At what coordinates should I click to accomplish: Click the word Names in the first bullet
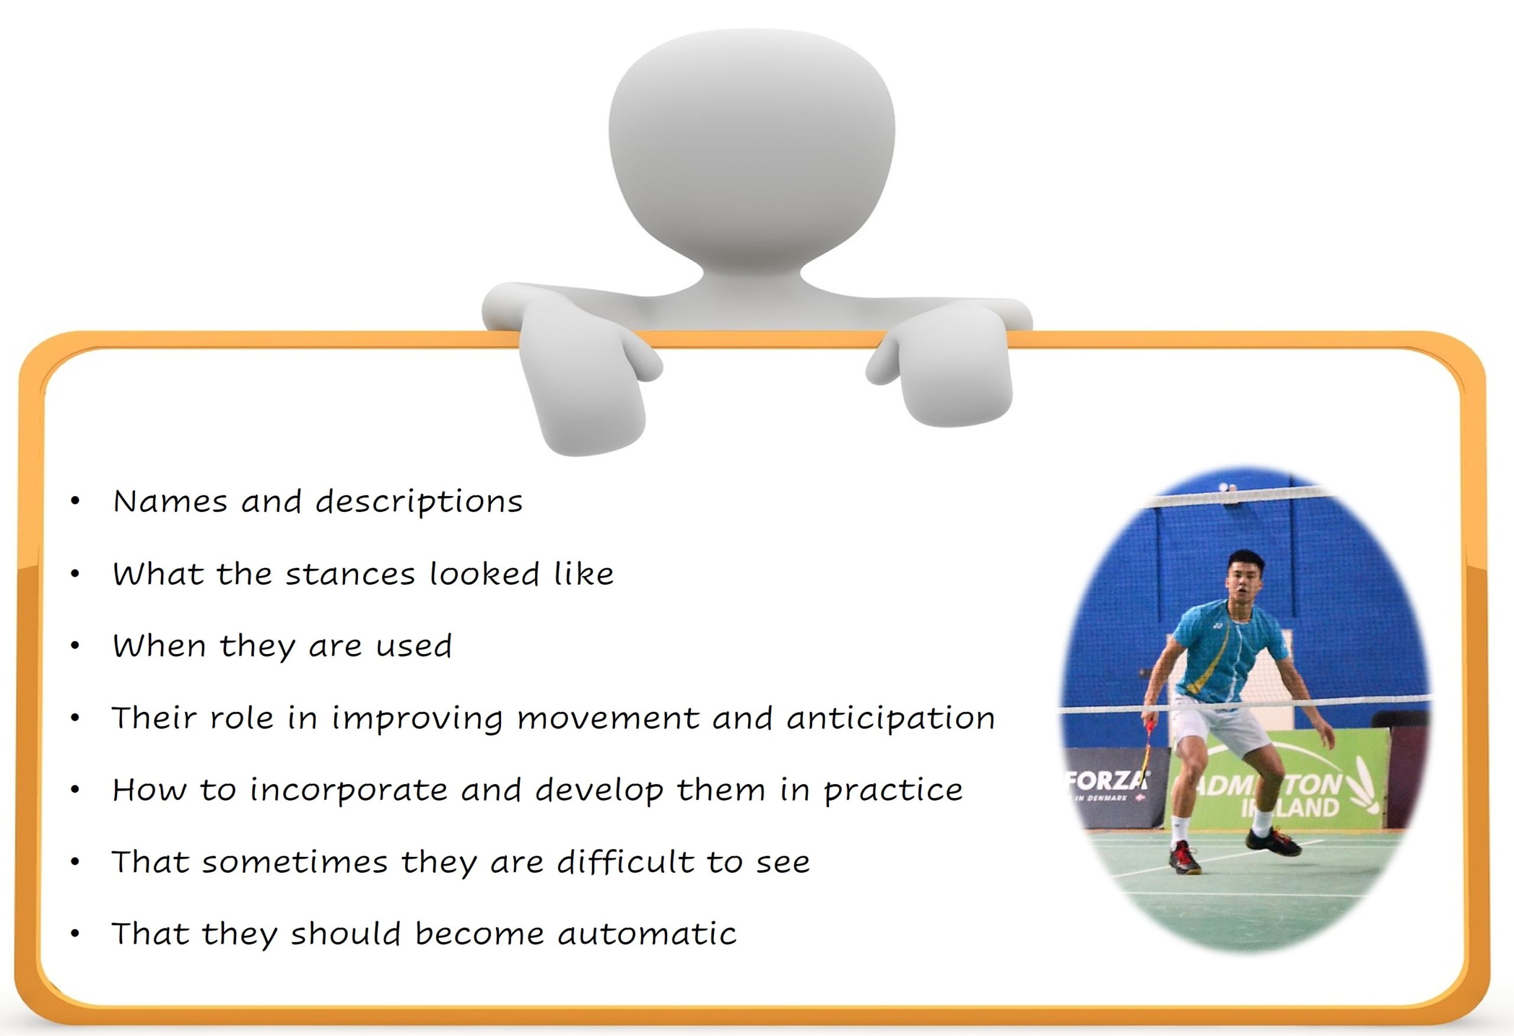tap(170, 501)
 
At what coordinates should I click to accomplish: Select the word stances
tap(350, 574)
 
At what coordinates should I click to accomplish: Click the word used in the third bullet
tap(413, 646)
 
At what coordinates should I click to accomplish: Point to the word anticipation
tap(891, 718)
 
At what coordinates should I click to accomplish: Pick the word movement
tap(607, 718)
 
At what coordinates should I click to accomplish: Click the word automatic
tap(647, 933)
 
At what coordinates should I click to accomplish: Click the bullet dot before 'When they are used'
tap(76, 646)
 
